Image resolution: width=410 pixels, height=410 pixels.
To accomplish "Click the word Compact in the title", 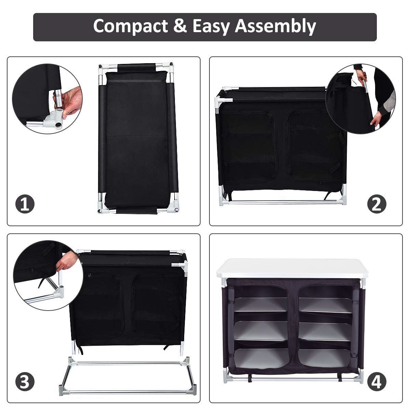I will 131,26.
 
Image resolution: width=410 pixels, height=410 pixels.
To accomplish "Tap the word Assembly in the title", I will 275,27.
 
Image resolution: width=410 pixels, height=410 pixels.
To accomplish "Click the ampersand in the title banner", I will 180,26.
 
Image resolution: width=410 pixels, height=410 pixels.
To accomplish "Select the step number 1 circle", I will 25,204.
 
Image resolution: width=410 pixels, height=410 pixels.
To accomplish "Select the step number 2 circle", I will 377,204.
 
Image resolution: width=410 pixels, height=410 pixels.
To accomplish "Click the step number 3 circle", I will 25,382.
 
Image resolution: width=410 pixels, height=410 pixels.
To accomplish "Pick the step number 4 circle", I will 377,382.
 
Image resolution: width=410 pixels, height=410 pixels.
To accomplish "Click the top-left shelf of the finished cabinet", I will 260,304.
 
